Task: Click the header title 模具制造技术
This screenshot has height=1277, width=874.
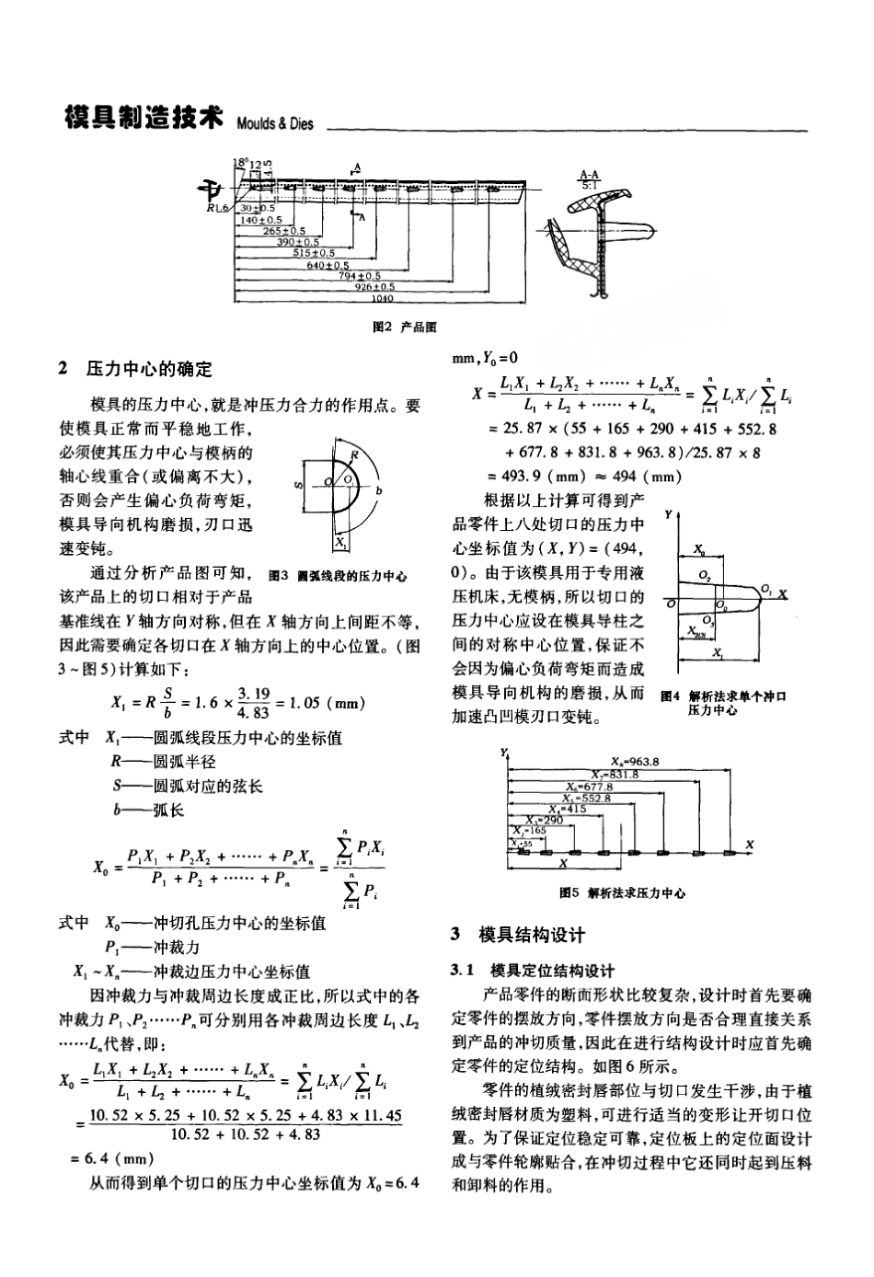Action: pyautogui.click(x=144, y=119)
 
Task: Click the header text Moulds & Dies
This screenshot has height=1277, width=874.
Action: pyautogui.click(x=275, y=124)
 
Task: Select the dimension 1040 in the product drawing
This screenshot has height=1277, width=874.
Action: pyautogui.click(x=381, y=297)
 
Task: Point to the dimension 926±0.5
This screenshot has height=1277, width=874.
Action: pyautogui.click(x=374, y=286)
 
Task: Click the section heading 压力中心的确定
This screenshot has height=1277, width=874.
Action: pyautogui.click(x=149, y=369)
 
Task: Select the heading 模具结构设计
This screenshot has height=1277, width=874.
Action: pyautogui.click(x=532, y=936)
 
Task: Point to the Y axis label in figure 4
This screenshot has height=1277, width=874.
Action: pyautogui.click(x=668, y=515)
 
